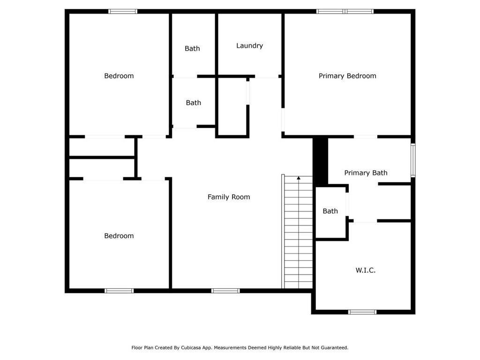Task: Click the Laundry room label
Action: coord(249,45)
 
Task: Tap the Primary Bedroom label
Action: coord(347,76)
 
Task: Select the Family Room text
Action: coord(229,197)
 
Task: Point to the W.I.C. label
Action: coord(366,270)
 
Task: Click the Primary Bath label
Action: coord(366,173)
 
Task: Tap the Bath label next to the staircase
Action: coord(330,211)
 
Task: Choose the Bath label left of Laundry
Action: coord(192,48)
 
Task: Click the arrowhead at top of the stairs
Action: coord(299,178)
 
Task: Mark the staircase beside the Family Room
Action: coord(297,232)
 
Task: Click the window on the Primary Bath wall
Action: coord(413,160)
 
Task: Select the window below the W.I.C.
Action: coord(362,312)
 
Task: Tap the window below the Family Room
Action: coord(225,291)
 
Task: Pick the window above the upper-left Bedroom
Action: coord(123,11)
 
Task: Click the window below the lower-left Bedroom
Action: coord(119,291)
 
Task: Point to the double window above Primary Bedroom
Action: coord(345,11)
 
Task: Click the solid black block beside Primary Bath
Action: coord(320,161)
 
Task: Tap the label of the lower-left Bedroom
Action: coord(119,236)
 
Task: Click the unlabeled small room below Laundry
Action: coord(232,106)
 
